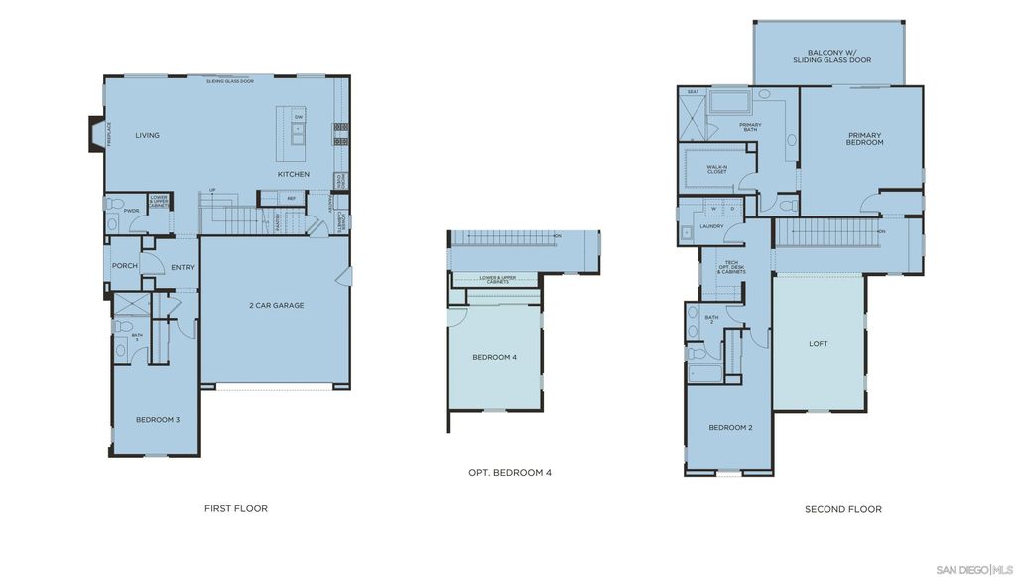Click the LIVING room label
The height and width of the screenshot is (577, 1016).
(x=147, y=135)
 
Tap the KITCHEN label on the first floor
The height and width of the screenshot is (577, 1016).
(x=293, y=174)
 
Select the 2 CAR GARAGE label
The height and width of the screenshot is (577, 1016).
(x=276, y=305)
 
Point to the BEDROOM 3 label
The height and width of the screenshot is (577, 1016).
(x=158, y=419)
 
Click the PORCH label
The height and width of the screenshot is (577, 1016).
(x=124, y=265)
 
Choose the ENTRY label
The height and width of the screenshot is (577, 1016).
(x=183, y=267)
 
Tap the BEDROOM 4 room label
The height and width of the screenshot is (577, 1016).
(x=494, y=357)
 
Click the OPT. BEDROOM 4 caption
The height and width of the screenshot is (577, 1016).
(x=509, y=472)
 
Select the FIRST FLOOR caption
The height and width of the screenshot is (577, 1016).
(x=236, y=508)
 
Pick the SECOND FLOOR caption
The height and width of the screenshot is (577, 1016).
(x=842, y=509)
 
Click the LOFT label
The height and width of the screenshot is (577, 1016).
(x=818, y=344)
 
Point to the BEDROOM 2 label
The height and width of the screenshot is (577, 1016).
(x=730, y=427)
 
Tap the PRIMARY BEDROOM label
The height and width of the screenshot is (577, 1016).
(x=864, y=139)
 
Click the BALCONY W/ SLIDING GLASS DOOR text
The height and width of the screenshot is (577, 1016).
(x=831, y=56)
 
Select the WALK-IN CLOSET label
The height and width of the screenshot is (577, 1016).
(x=716, y=169)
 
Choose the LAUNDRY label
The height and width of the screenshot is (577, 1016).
(x=711, y=226)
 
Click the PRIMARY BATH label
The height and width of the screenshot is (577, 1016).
(x=750, y=126)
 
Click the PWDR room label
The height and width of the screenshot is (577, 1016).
(x=131, y=210)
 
